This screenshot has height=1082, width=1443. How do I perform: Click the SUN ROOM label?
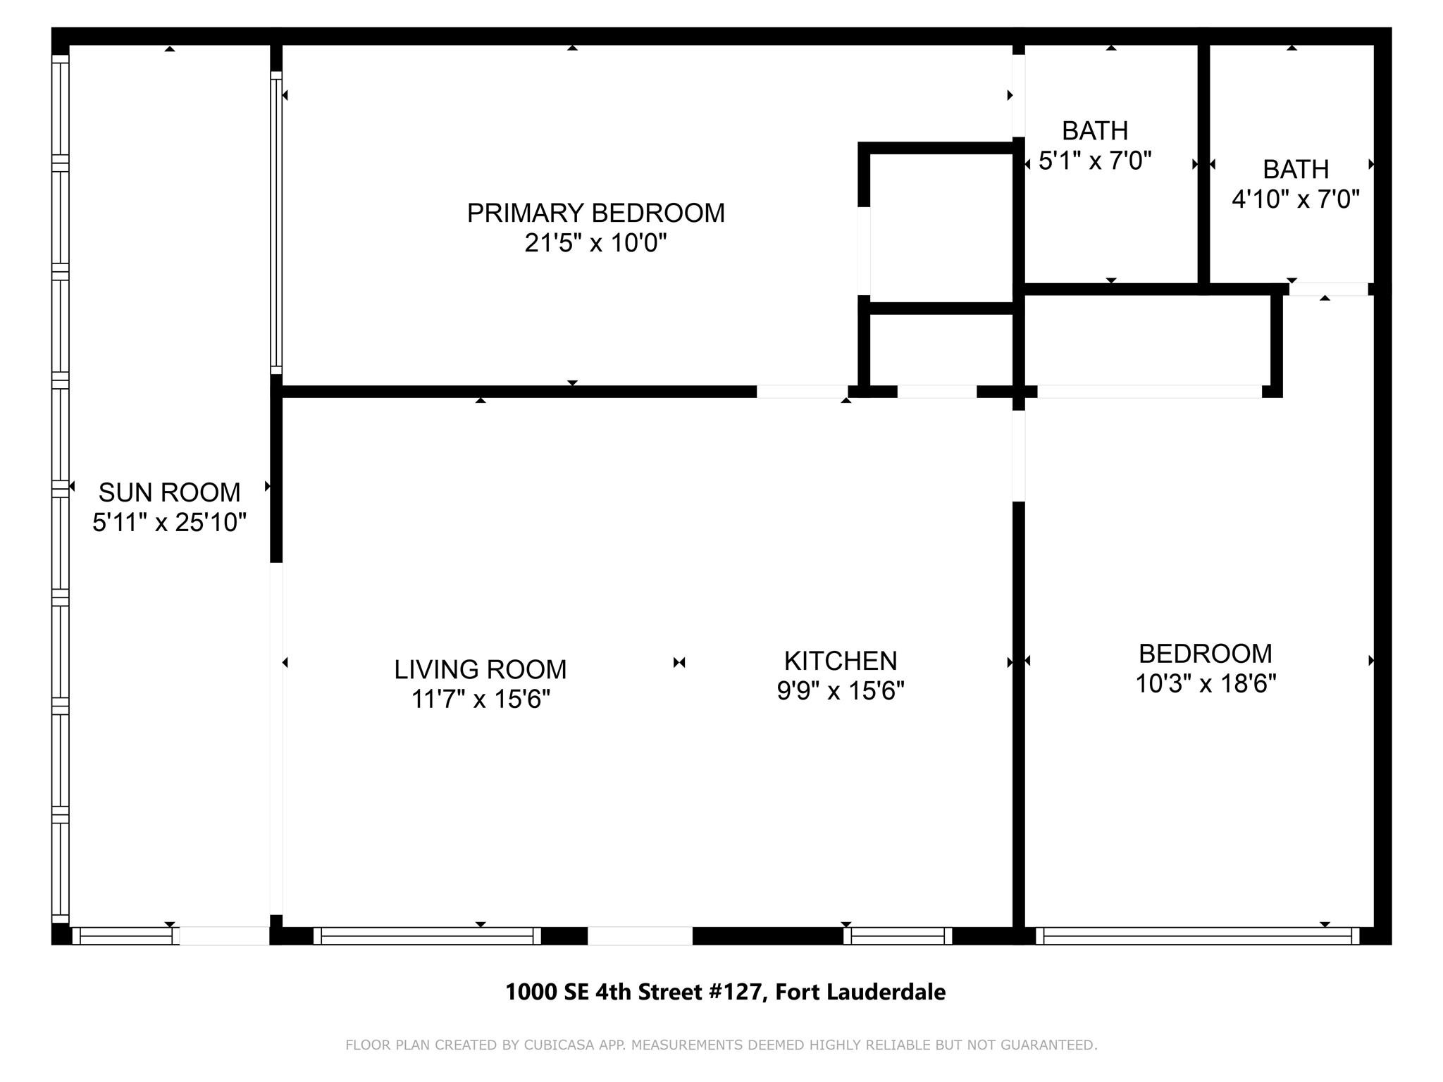point(169,492)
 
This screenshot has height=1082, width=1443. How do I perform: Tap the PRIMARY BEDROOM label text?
point(595,213)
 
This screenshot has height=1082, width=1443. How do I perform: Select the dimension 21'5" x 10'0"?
point(595,244)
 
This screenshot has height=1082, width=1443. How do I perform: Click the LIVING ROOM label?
point(480,669)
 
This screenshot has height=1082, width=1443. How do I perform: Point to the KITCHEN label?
point(840,661)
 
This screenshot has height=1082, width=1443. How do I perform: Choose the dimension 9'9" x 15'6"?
point(840,691)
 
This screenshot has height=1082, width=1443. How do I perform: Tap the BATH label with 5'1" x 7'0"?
point(1094,131)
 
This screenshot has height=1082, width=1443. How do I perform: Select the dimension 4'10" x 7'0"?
point(1295,200)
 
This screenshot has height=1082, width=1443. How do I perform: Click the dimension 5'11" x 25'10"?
point(169,523)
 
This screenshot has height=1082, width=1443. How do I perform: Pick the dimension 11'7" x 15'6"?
point(480,699)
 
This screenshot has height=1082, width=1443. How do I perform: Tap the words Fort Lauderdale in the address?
point(860,993)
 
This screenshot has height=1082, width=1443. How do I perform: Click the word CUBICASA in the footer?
point(556,1045)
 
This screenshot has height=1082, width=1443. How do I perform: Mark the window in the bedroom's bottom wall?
point(1197,935)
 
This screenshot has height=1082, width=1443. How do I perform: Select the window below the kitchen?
point(897,935)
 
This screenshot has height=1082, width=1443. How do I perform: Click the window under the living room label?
point(427,935)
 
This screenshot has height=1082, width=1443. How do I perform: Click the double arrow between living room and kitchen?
point(679,662)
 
